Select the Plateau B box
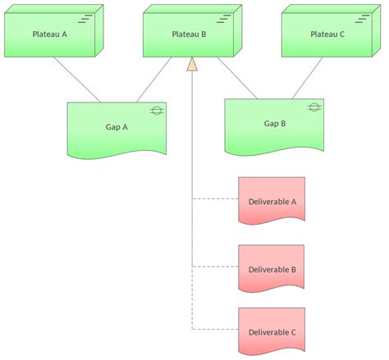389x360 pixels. pos(189,34)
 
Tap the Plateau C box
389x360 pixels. pos(327,34)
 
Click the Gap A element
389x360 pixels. pos(117,128)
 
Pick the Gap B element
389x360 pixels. pos(274,125)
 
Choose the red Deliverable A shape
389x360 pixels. pos(271,201)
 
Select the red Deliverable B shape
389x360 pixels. pos(271,267)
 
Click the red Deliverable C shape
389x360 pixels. pos(271,331)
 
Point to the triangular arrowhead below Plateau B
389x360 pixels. pos(193,65)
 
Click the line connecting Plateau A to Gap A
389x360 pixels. pos(78,80)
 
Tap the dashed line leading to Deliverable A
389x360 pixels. pos(215,199)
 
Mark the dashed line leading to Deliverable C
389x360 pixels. pos(215,329)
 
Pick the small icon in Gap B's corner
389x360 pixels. pos(313,107)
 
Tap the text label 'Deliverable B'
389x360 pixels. pos(272,269)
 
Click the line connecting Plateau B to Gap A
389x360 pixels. pos(153,80)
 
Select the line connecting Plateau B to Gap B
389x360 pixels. pos(237,79)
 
